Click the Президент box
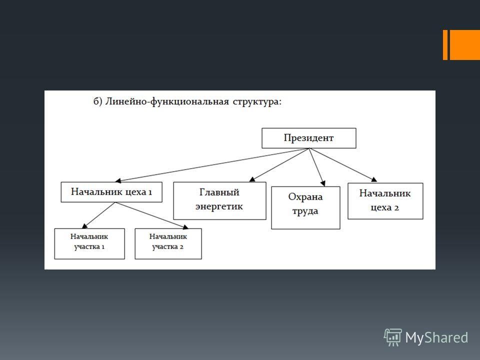[309, 138]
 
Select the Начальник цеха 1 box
[111, 192]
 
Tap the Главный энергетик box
[219, 201]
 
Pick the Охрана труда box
[305, 207]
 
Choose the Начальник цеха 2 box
[385, 201]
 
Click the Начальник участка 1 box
[89, 243]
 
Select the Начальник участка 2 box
[168, 243]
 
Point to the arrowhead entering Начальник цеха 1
[118, 180]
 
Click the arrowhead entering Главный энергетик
[252, 179]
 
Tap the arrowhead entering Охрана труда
[322, 183]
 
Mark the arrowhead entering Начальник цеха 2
[374, 179]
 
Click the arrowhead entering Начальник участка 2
[185, 227]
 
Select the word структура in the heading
[257, 102]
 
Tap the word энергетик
[219, 206]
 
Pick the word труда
[305, 211]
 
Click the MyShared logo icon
[393, 337]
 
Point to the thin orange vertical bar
[445, 44]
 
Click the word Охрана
[305, 197]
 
